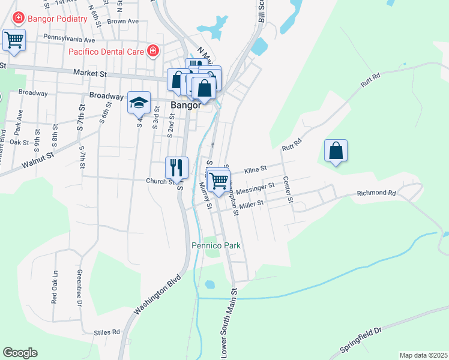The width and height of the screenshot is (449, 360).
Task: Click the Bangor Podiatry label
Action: (56, 18)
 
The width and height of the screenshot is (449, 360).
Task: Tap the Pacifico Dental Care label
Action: (106, 52)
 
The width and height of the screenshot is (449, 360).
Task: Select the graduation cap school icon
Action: (139, 103)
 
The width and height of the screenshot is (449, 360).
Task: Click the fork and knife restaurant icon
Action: (176, 167)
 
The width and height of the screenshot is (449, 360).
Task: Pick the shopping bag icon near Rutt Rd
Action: (336, 151)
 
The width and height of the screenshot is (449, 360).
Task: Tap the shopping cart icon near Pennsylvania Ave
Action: (14, 41)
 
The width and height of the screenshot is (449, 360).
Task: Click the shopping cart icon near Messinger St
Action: (219, 179)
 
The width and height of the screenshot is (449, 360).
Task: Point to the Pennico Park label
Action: (216, 245)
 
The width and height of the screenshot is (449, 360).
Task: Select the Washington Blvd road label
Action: (157, 295)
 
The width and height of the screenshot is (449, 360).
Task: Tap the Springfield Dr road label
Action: (361, 340)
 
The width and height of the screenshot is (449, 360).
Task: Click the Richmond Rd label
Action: (376, 193)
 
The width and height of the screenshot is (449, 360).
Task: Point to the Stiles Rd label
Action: (107, 332)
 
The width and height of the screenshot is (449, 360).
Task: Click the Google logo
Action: (20, 353)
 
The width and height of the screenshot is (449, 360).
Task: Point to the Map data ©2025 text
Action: (423, 355)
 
